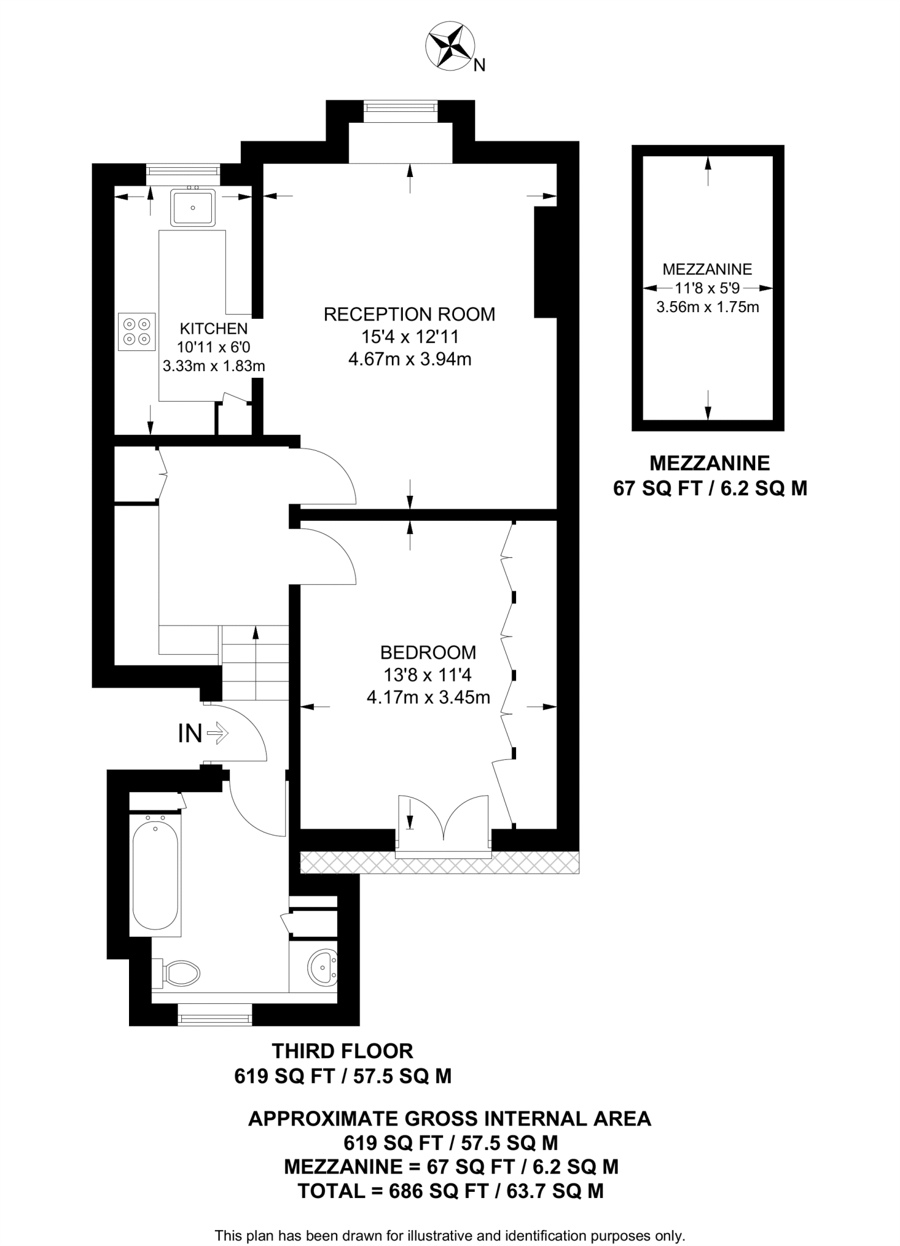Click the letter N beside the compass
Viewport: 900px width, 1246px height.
click(480, 65)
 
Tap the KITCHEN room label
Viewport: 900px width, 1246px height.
click(214, 329)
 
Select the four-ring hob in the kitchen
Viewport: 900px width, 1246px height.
click(137, 332)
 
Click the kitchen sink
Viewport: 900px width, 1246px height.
click(193, 207)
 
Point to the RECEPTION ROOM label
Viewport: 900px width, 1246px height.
click(409, 315)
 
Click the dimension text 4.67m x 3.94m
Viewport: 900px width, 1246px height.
click(410, 359)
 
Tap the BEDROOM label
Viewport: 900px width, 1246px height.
click(428, 653)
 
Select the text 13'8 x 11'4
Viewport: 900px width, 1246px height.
click(428, 675)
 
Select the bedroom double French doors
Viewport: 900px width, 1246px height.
click(443, 818)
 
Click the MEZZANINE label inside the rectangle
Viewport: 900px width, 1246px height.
click(707, 269)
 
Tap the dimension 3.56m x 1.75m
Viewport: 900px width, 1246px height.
click(707, 307)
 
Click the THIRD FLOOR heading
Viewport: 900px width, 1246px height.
click(342, 1051)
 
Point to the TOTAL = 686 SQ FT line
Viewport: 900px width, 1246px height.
click(450, 1191)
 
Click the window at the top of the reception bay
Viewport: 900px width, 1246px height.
click(400, 107)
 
